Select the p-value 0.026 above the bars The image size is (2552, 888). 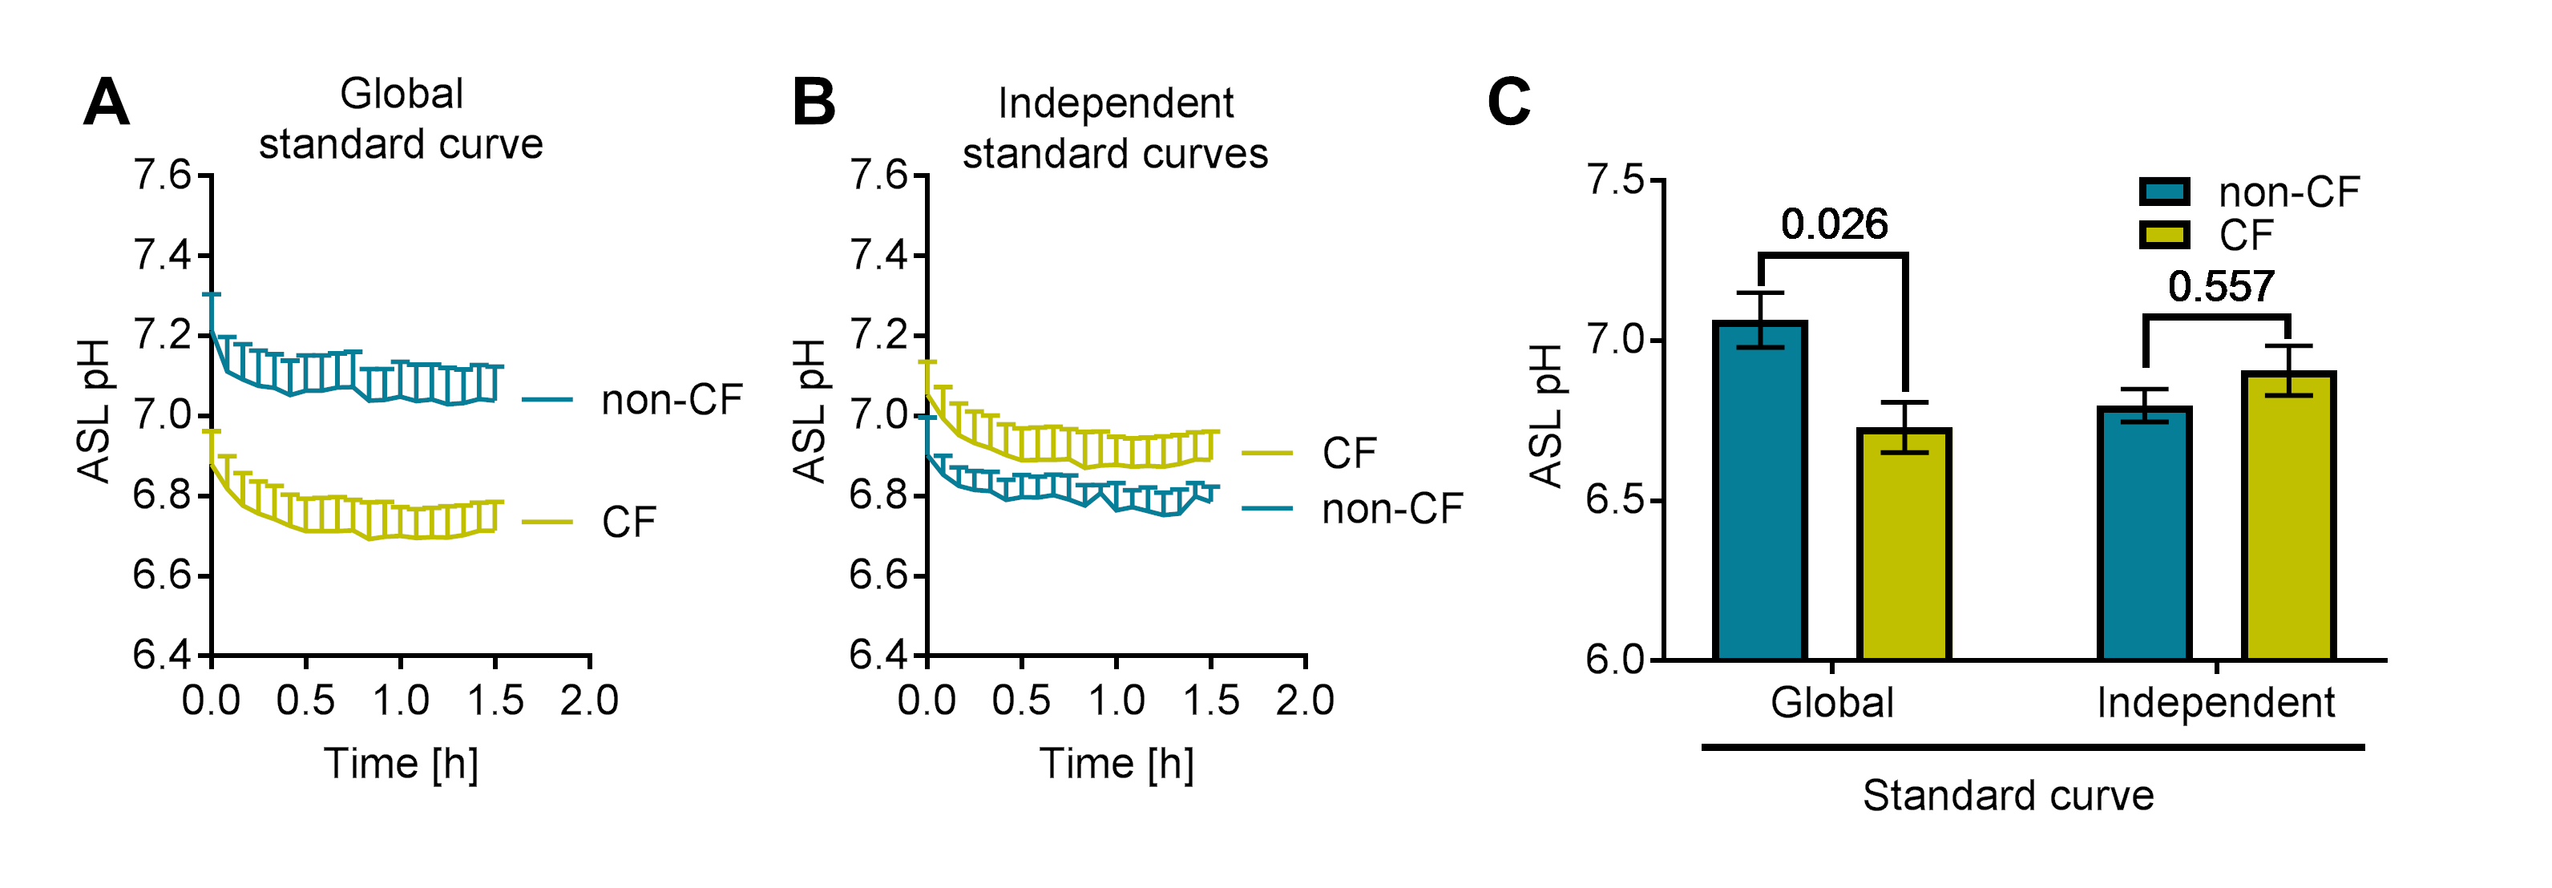(1834, 225)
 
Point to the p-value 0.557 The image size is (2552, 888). (2220, 288)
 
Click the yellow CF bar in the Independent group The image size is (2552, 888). (2288, 515)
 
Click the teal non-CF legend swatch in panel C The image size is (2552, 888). (2163, 192)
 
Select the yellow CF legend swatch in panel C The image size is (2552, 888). (2163, 235)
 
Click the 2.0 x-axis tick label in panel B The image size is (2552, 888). (1305, 700)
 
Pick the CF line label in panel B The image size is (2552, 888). (1349, 453)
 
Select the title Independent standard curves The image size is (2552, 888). (1116, 129)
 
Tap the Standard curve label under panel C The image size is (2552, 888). (2008, 796)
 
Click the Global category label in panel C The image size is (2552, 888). (1831, 703)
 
